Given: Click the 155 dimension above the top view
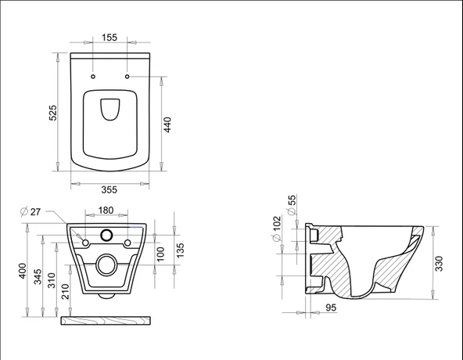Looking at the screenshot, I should [109, 37].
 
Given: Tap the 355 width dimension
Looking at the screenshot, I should [109, 189].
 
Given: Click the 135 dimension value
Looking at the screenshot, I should [179, 250].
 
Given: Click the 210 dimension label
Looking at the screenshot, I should [66, 292].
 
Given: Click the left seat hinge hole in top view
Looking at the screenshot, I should [93, 77].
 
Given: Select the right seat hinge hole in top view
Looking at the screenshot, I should [127, 77].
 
